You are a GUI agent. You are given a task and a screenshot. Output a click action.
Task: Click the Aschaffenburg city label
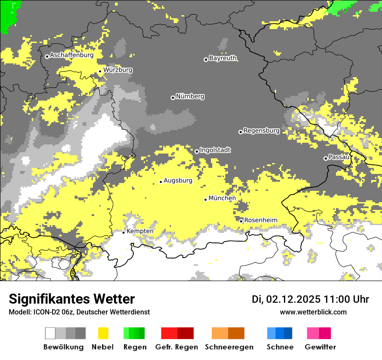(x=72, y=56)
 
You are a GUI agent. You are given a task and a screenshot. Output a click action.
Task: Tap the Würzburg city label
(x=118, y=70)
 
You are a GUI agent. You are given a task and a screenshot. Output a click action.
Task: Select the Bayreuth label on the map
(x=223, y=58)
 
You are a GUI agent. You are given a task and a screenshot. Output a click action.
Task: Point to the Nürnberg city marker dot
(x=173, y=98)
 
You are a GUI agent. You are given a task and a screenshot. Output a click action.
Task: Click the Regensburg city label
(x=261, y=131)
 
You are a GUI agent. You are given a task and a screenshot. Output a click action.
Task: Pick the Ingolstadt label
(x=215, y=150)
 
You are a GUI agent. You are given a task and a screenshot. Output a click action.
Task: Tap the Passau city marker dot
(x=326, y=158)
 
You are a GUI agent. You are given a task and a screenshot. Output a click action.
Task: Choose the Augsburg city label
(x=178, y=180)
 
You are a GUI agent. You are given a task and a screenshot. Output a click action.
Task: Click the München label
(x=222, y=198)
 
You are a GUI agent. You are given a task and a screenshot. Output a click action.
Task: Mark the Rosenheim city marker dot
(x=241, y=221)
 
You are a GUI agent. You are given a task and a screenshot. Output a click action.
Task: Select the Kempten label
(x=140, y=231)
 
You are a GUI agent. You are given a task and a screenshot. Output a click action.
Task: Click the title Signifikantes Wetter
(x=72, y=299)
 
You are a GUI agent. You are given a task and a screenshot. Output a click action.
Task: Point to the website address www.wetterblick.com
(x=313, y=312)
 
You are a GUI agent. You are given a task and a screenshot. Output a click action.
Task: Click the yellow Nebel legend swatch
(x=103, y=333)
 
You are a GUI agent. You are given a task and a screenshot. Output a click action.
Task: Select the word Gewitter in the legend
(x=320, y=347)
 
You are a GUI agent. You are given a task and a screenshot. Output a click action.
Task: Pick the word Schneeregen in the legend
(x=229, y=347)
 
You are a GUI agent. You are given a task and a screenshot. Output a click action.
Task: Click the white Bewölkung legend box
(x=50, y=333)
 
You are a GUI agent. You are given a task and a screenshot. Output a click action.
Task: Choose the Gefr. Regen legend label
(x=177, y=347)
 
